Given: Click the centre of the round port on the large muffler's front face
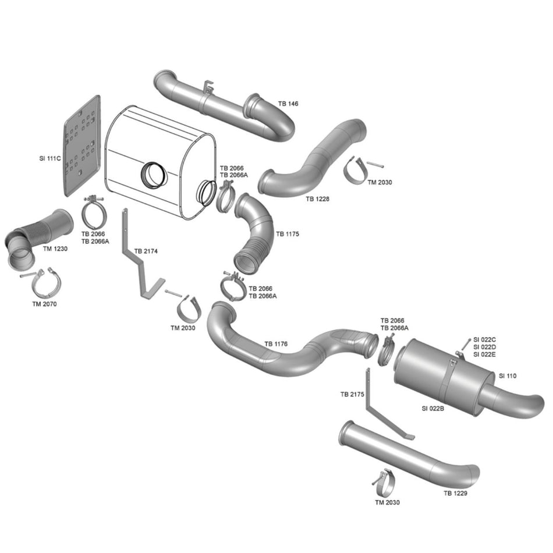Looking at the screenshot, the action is click(x=154, y=175).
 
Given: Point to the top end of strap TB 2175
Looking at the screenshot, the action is click(x=368, y=369).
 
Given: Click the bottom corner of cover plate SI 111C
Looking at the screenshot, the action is click(x=66, y=196).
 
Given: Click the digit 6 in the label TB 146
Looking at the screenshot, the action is click(x=296, y=104).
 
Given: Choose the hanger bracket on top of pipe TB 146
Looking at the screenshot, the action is click(x=208, y=88).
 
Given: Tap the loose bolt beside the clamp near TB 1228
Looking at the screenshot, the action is click(x=375, y=164).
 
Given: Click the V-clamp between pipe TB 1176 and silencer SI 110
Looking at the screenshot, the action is click(x=387, y=351).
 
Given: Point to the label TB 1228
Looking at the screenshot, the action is click(x=317, y=199).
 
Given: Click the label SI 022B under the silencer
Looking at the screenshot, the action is click(x=433, y=409).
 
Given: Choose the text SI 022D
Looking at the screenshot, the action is click(x=484, y=347).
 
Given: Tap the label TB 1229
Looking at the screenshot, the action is click(x=455, y=494).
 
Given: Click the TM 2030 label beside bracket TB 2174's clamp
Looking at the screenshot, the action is click(x=183, y=328).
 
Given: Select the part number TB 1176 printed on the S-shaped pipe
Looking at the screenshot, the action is click(x=276, y=344).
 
